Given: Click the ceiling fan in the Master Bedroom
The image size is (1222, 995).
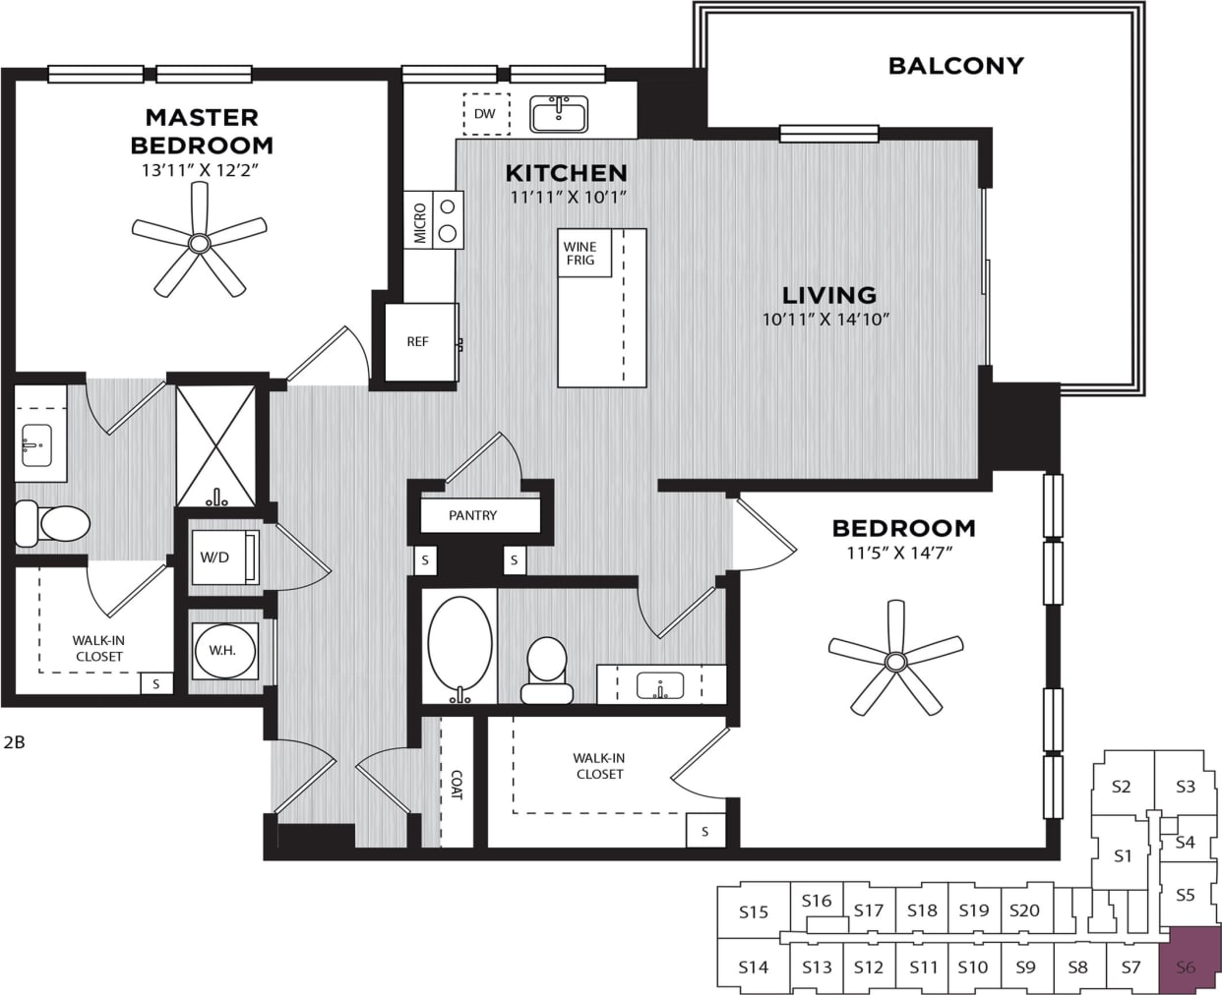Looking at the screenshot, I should pyautogui.click(x=200, y=241).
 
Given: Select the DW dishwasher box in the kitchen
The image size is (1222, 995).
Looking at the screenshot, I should pyautogui.click(x=486, y=113).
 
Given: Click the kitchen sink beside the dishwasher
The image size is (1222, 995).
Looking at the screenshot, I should pyautogui.click(x=559, y=113).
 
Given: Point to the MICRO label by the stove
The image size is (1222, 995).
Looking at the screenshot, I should pyautogui.click(x=420, y=223).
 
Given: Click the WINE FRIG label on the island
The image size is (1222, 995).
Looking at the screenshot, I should pyautogui.click(x=580, y=254).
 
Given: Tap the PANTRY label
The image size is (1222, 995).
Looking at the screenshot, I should pyautogui.click(x=473, y=515).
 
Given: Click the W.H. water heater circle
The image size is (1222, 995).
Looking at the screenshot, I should pyautogui.click(x=223, y=650).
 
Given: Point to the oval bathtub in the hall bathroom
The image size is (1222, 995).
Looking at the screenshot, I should pyautogui.click(x=459, y=647).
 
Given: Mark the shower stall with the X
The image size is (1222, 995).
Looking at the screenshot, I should pyautogui.click(x=214, y=445).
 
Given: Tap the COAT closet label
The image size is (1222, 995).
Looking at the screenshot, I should pyautogui.click(x=456, y=784).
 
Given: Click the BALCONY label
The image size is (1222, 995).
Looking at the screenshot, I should pyautogui.click(x=955, y=66).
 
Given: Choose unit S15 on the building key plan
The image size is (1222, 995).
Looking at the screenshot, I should pyautogui.click(x=753, y=911).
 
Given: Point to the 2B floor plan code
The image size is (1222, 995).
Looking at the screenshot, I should pyautogui.click(x=14, y=742).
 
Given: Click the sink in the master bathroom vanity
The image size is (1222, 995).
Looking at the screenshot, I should pyautogui.click(x=38, y=446).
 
